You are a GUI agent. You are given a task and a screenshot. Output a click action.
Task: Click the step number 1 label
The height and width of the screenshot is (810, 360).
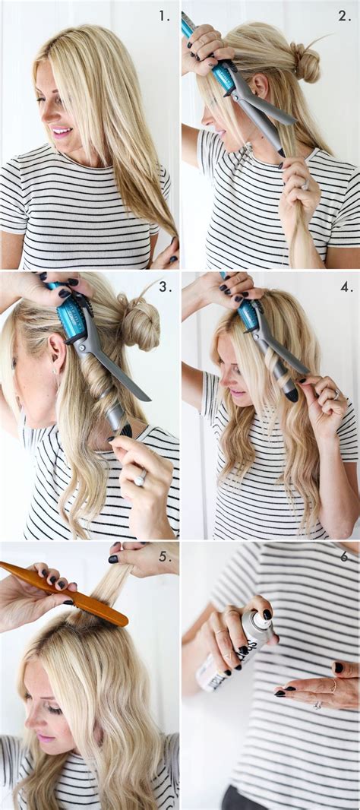(x=165, y=15)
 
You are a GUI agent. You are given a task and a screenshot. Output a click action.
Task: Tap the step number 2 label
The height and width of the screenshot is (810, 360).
(x=345, y=15)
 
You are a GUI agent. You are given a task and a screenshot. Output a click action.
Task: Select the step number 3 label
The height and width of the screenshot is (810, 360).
(x=165, y=286)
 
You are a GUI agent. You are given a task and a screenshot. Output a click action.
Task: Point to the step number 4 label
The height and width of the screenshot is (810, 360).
(x=346, y=286)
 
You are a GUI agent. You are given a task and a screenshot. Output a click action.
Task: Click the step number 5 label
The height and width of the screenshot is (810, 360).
(x=165, y=556)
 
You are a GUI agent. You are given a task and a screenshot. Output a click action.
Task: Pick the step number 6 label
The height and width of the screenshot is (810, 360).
(x=344, y=556)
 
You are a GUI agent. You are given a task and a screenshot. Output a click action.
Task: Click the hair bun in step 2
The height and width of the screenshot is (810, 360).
(x=306, y=62)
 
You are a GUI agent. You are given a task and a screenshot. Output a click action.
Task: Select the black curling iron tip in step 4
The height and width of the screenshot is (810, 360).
(x=290, y=394)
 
